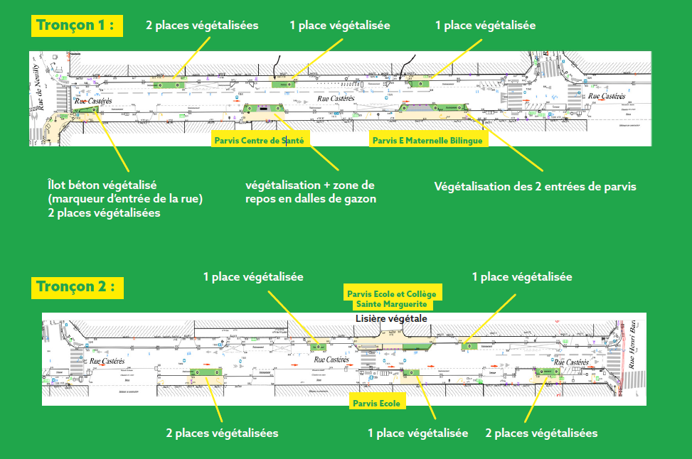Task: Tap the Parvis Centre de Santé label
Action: pyautogui.click(x=259, y=141)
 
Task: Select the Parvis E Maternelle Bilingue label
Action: pyautogui.click(x=427, y=141)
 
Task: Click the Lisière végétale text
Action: pyautogui.click(x=391, y=319)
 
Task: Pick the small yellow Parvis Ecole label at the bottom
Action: pyautogui.click(x=376, y=404)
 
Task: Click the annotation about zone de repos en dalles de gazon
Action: pyautogui.click(x=310, y=192)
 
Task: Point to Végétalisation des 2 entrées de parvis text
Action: pyautogui.click(x=535, y=187)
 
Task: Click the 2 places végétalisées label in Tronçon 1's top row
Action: pyautogui.click(x=202, y=26)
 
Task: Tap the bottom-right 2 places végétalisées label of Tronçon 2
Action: pyautogui.click(x=541, y=433)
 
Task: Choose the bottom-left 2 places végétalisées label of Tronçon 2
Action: pyautogui.click(x=222, y=433)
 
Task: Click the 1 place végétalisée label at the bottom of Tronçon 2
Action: pyautogui.click(x=417, y=433)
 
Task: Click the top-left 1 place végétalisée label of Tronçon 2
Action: pyautogui.click(x=253, y=276)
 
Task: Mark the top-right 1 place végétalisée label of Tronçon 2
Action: pyautogui.click(x=522, y=276)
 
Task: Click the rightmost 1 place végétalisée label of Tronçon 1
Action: pyautogui.click(x=486, y=26)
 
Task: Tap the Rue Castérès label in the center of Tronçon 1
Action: pyautogui.click(x=336, y=99)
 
